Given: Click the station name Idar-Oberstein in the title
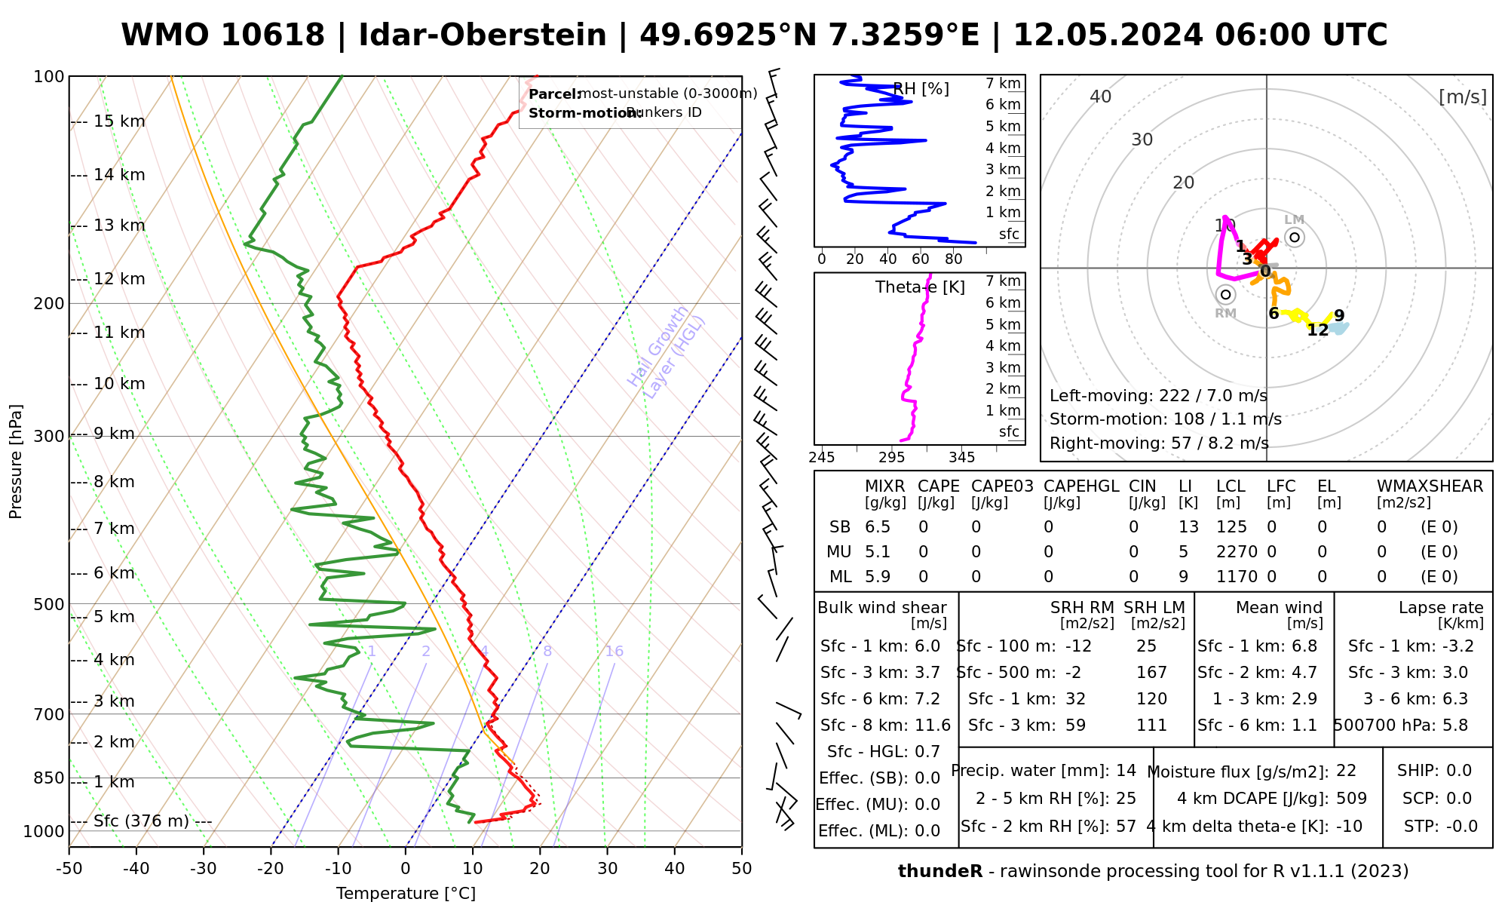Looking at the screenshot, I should [x=482, y=35].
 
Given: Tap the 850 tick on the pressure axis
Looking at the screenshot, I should [x=50, y=778].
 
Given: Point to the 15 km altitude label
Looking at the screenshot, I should [x=119, y=121].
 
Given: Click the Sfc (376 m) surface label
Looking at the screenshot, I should [x=141, y=821].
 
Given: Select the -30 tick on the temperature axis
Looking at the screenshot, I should [x=204, y=869].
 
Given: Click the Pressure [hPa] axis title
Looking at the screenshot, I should [x=16, y=462].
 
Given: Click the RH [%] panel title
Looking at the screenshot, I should [x=921, y=89].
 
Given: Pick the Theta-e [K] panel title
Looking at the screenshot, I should [x=920, y=287].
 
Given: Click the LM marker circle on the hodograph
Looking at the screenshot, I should [x=1295, y=238].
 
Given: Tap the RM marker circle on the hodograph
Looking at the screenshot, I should [x=1226, y=295].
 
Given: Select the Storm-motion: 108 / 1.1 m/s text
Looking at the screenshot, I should [x=1165, y=419].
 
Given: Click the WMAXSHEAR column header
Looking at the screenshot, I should [x=1430, y=486].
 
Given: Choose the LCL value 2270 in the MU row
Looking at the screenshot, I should [x=1237, y=552].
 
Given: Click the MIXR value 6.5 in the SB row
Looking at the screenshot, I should [x=878, y=527].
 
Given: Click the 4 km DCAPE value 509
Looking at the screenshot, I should [x=1351, y=799].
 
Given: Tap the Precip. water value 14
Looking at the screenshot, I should [x=1126, y=771].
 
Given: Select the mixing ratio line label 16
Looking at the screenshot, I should [x=615, y=652].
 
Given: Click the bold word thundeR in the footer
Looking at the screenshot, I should [x=940, y=872].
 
